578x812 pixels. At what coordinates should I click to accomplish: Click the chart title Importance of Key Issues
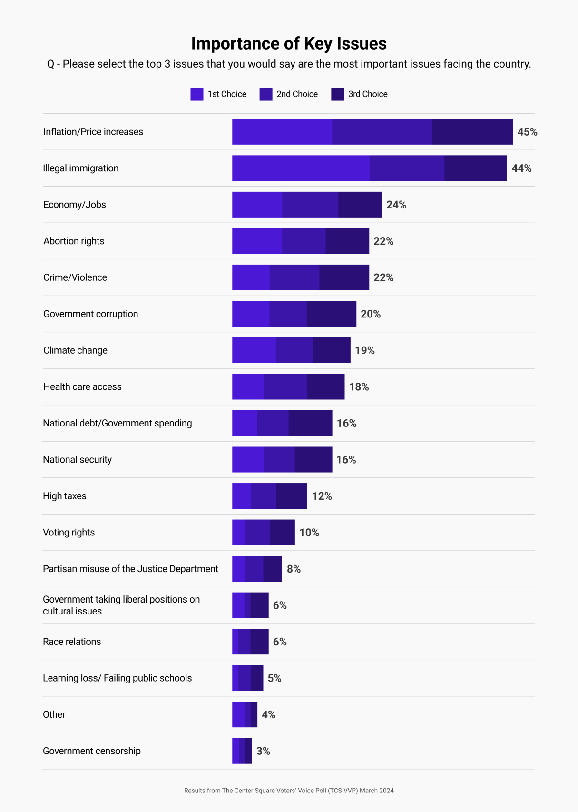289,44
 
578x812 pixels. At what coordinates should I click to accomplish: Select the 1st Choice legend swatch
196,94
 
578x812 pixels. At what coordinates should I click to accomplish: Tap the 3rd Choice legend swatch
337,94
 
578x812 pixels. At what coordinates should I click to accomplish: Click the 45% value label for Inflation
527,132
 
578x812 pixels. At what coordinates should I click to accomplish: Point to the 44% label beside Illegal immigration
521,168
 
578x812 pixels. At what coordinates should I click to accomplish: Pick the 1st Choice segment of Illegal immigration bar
301,168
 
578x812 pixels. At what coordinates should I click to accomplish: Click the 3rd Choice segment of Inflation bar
472,132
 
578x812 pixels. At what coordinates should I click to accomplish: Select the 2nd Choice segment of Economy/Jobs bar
310,205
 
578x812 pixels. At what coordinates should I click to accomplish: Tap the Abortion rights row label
74,241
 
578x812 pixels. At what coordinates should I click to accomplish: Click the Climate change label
75,350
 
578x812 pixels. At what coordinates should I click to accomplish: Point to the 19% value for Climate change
365,351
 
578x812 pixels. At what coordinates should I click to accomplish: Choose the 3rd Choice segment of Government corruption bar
331,314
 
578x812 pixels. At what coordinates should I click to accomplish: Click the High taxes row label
65,496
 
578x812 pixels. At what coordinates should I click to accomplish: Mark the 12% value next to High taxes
322,496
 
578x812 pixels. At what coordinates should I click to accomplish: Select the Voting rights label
69,533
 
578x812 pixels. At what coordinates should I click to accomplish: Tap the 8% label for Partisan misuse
294,569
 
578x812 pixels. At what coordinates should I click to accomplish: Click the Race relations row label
72,642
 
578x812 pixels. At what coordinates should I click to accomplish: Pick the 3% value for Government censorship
263,751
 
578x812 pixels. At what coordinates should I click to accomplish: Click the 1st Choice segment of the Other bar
238,714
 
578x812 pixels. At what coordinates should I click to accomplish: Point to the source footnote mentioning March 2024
289,791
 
